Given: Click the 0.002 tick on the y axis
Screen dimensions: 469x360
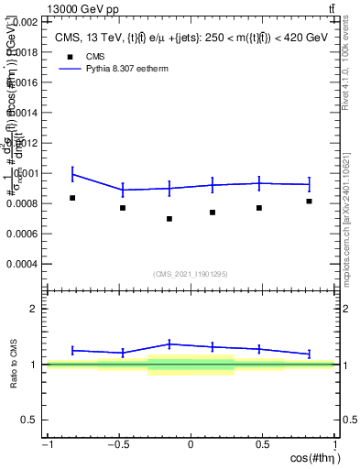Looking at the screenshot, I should pos(26,21).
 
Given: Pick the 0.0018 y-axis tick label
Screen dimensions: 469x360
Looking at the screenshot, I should pos(23,52).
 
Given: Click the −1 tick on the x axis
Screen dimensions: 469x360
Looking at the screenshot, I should pos(48,445).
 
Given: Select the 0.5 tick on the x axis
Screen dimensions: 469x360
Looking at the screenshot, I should pos(262,445).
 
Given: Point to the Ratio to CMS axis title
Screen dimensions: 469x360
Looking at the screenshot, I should pos(13,365).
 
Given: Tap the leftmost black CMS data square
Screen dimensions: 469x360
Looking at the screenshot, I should pos(72,198).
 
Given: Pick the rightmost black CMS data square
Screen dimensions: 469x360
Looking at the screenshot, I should pos(310,201).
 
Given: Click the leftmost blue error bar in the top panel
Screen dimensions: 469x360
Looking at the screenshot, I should pos(72,174).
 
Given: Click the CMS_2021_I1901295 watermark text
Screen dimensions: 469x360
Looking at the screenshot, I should pos(191,274).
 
